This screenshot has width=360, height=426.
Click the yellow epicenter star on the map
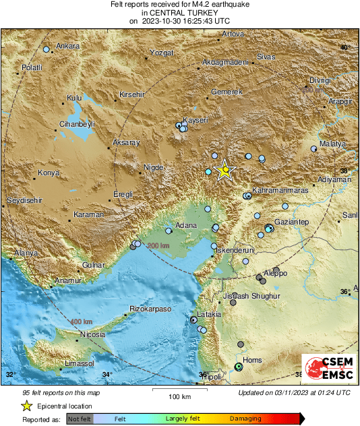(223, 171)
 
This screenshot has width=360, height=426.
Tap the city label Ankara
(67, 47)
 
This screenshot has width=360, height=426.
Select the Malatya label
(332, 144)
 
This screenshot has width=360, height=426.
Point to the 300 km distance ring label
(158, 245)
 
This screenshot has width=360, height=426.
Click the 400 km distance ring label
(81, 322)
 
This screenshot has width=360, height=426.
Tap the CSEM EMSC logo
(326, 369)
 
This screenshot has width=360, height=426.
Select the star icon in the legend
(26, 406)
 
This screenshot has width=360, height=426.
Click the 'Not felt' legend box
(78, 419)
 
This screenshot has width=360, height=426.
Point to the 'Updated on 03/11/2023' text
(294, 392)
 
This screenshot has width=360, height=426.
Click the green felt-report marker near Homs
(237, 367)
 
